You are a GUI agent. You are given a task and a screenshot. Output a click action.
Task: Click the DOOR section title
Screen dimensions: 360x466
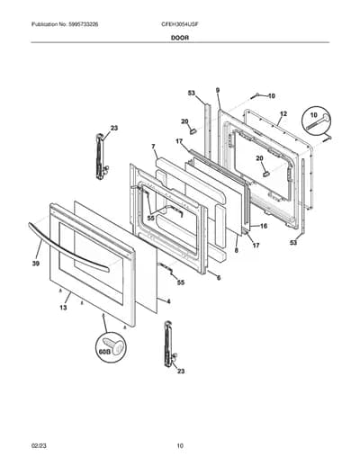point(180,38)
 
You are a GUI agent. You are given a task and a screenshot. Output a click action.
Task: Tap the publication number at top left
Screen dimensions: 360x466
point(65,24)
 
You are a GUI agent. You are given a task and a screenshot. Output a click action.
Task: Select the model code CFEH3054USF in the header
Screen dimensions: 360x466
point(179,24)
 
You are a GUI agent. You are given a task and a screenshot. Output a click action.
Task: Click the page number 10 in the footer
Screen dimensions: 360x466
point(180,446)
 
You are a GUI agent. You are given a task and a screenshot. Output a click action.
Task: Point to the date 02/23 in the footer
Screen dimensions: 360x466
point(39,446)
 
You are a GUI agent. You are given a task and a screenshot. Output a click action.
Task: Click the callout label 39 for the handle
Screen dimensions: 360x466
point(36,264)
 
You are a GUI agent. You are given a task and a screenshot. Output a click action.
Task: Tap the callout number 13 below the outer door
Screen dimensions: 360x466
point(63,308)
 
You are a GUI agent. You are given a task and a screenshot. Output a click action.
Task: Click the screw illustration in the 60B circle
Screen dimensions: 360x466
point(112,345)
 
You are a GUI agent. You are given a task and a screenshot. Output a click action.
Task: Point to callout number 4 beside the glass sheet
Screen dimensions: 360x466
point(168,301)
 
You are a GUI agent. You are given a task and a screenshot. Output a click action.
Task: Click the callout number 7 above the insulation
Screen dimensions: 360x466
point(153,147)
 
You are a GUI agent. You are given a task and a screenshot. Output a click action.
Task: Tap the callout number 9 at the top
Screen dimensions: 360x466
point(218,90)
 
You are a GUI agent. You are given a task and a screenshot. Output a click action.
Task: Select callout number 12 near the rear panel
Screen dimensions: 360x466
point(283,114)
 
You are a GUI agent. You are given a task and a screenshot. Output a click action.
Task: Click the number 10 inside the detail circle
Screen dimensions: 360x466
point(313,115)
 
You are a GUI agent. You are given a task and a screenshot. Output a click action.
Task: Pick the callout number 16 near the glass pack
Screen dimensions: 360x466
point(264,226)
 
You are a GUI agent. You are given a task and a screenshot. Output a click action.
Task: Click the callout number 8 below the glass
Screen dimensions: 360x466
point(237,250)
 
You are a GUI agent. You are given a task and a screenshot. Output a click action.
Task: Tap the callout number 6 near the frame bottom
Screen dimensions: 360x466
point(219,278)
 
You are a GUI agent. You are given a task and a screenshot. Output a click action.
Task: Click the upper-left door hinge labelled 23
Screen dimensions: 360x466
point(101,157)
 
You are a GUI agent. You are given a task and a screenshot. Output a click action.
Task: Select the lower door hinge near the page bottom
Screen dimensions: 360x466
point(169,344)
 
